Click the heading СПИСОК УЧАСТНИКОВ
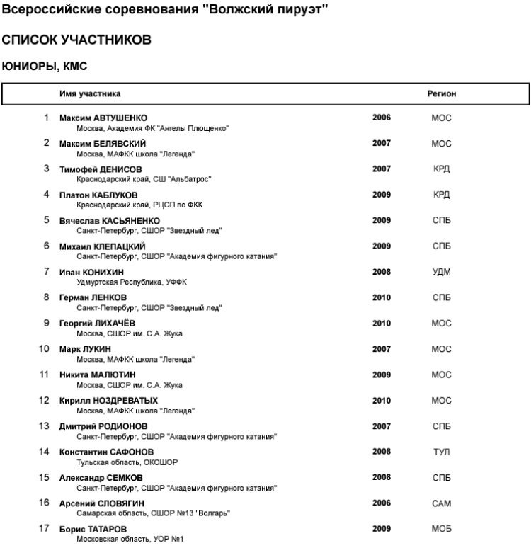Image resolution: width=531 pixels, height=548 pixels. click(76, 40)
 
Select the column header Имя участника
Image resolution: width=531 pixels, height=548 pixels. click(89, 93)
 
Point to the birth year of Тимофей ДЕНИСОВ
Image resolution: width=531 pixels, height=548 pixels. click(382, 169)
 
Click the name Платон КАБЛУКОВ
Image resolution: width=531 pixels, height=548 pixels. click(98, 195)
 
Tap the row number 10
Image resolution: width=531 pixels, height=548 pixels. click(43, 348)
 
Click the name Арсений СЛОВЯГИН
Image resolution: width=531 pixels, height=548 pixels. click(101, 503)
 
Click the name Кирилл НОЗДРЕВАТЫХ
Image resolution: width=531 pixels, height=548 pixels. click(108, 400)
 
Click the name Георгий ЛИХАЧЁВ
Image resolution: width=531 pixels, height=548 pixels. click(97, 323)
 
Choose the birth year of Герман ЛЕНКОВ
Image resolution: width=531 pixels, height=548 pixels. click(382, 297)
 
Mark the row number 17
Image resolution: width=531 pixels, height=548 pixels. click(43, 528)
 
